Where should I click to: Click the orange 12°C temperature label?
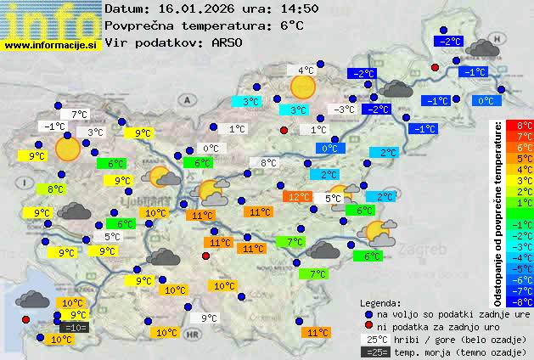point(297,197)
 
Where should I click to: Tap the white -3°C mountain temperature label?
point(344,110)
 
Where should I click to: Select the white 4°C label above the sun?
point(304,70)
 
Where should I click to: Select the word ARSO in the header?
point(228,42)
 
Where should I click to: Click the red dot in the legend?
point(368,326)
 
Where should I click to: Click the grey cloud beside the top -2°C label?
point(481,48)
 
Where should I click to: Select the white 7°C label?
point(79,114)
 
